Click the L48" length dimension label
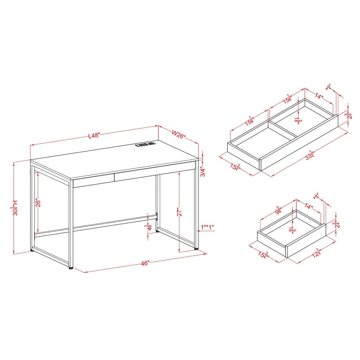coord(94,135)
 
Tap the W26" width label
coord(180,134)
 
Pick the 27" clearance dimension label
coord(179,212)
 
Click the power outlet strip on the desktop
coord(144,144)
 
